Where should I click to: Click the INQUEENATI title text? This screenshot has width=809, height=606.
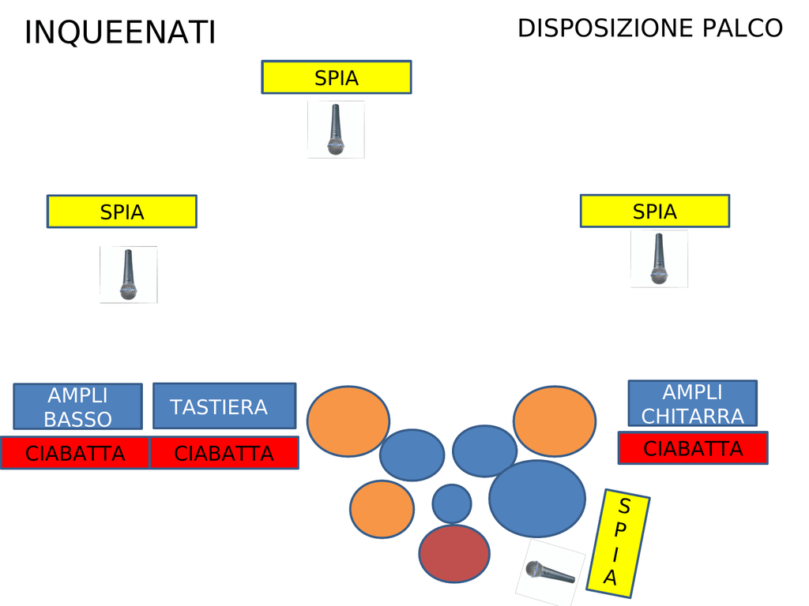coord(120,33)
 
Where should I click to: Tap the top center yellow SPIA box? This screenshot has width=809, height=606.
coord(336,77)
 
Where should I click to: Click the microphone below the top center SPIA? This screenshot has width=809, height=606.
coord(336,129)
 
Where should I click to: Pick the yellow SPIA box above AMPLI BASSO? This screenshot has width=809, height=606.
coord(122,211)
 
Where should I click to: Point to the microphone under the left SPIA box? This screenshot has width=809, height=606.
coord(128,275)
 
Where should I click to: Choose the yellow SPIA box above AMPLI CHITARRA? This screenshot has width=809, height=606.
coord(654,211)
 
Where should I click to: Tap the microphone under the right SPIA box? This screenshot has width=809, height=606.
coord(659,259)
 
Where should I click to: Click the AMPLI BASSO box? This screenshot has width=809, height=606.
coord(77,406)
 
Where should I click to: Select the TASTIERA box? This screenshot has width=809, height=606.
coord(224,406)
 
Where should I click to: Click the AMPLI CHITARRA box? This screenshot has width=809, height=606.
coord(692,403)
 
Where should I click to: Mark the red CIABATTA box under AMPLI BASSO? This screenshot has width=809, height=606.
coord(75,454)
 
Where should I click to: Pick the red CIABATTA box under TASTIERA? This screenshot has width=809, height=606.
coord(224,454)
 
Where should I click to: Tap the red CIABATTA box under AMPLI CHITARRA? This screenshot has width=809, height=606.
coord(692,448)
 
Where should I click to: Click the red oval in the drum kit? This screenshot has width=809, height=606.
coord(454,554)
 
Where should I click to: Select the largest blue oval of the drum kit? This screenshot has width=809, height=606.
coord(537,499)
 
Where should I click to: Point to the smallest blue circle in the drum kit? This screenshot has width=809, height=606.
coord(452,503)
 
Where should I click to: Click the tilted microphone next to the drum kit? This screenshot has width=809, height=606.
coord(550,572)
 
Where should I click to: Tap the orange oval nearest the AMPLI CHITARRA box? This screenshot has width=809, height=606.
coord(555,421)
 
